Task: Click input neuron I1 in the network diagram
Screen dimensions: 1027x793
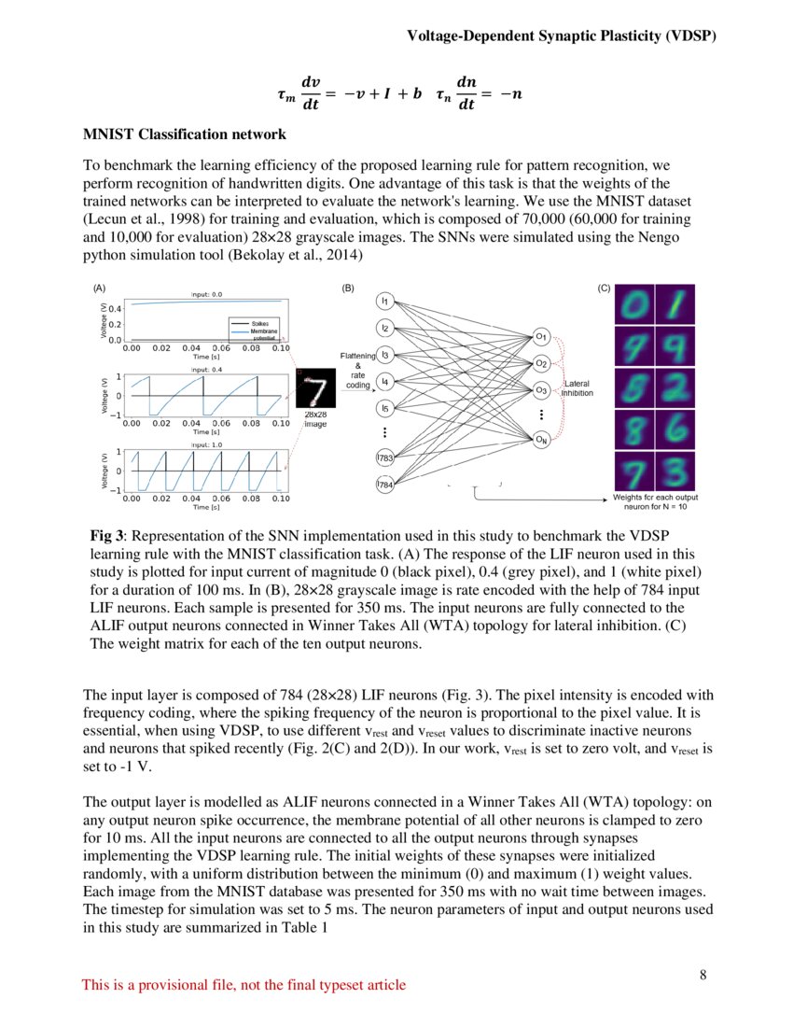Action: [384, 301]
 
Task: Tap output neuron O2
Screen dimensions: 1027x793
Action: [541, 362]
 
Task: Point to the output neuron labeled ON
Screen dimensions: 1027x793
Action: [541, 441]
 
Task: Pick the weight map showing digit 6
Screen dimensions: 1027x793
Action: [676, 426]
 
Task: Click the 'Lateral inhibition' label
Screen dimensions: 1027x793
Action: [578, 388]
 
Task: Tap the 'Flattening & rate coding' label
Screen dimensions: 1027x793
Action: [359, 370]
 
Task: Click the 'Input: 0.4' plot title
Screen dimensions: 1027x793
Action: [206, 370]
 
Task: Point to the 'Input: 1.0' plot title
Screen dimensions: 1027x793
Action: [206, 445]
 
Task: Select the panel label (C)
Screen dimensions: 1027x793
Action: [603, 288]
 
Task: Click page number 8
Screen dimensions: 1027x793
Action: [703, 976]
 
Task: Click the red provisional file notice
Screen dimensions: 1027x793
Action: [243, 985]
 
